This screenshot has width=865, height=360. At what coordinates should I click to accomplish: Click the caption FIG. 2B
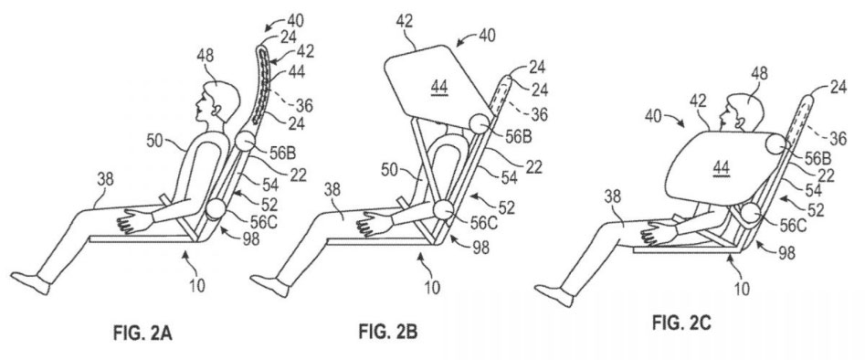[x=388, y=332]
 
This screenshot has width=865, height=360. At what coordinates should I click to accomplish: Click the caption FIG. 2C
[x=681, y=322]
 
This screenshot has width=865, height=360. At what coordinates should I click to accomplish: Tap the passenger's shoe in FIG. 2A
[x=31, y=282]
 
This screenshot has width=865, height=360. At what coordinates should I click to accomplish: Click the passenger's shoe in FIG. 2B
[x=270, y=286]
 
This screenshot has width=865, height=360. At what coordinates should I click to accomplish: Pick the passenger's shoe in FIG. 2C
[x=554, y=295]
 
